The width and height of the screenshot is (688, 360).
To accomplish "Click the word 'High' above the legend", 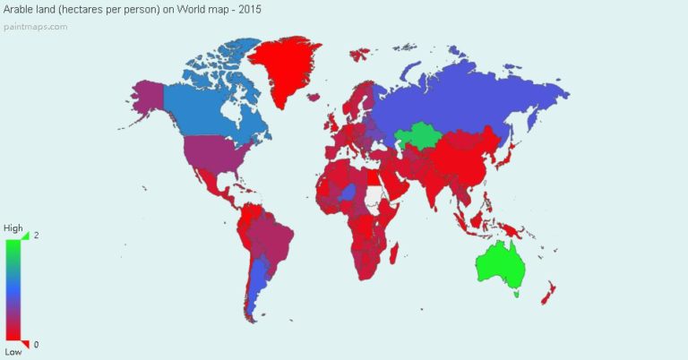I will point(13,228).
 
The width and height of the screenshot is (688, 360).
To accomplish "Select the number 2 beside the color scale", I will point(36,235).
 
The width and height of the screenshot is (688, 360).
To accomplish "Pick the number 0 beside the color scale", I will point(36,345).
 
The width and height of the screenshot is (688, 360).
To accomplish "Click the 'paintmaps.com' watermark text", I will point(35,26).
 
